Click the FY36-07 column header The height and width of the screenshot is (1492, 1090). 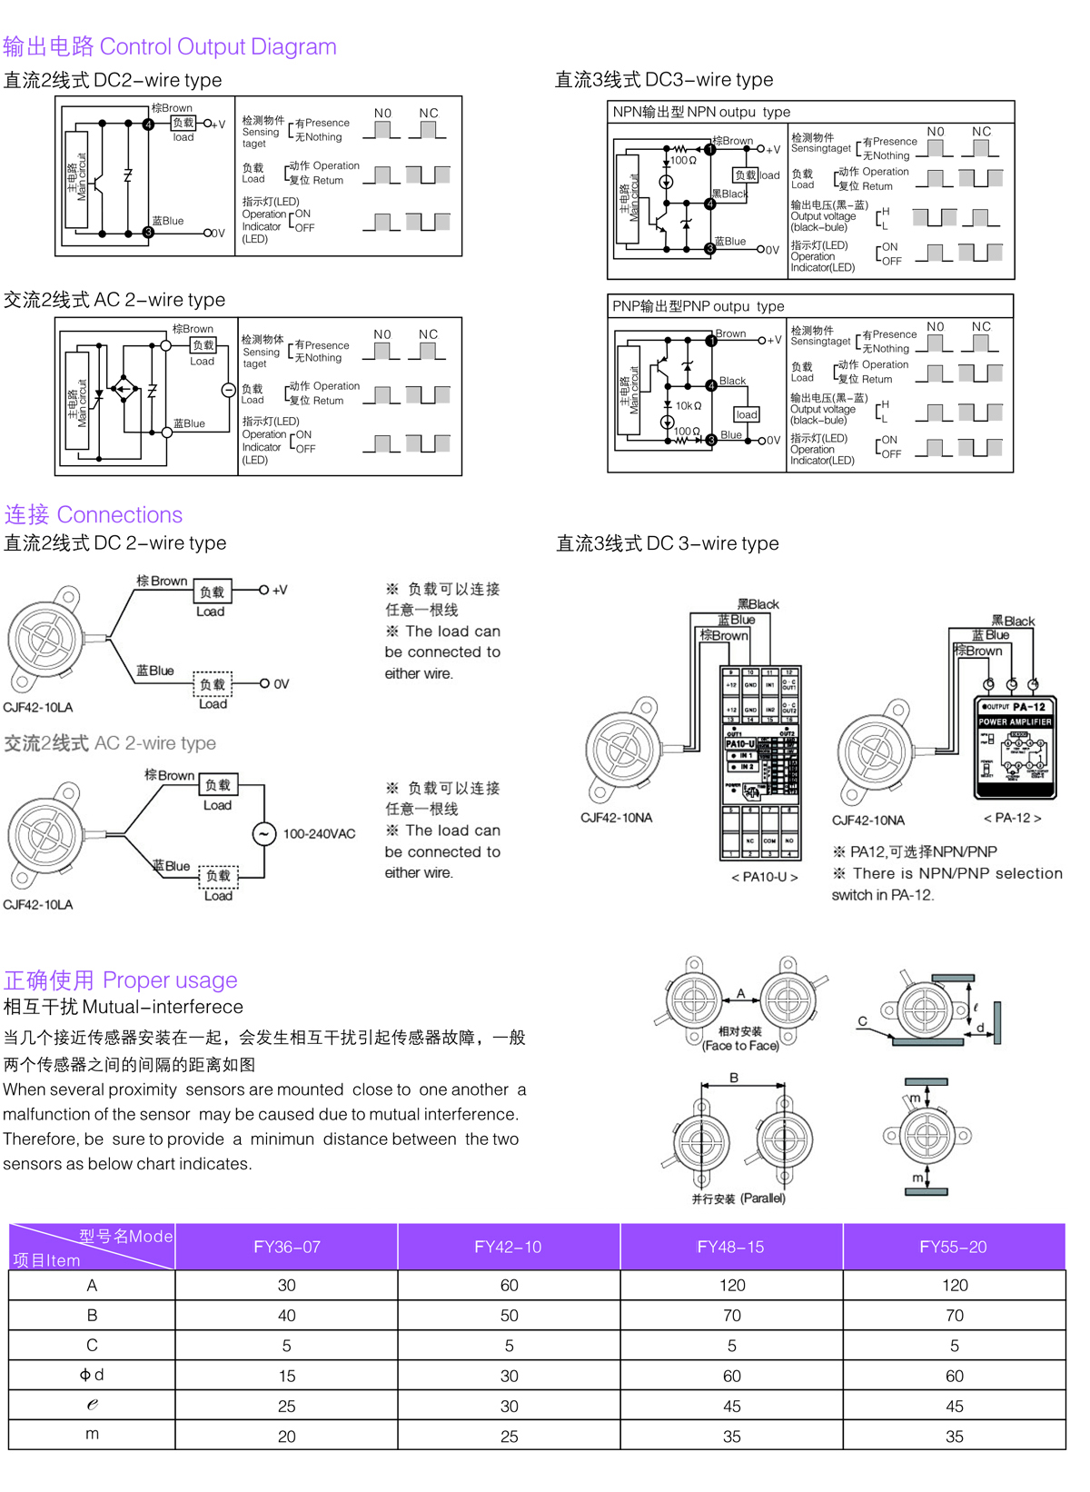tap(286, 1248)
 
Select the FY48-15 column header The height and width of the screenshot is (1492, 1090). tap(730, 1248)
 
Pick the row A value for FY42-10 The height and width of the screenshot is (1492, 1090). tap(509, 1286)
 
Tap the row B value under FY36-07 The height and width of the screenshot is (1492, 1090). tap(286, 1316)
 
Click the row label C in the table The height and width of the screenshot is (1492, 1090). tap(92, 1346)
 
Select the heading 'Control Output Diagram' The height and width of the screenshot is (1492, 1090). tap(218, 46)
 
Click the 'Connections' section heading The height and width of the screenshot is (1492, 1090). tap(119, 515)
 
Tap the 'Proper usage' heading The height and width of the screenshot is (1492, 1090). tap(170, 980)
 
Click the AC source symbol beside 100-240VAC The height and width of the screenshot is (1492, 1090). tap(264, 834)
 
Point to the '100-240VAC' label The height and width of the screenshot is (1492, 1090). tap(319, 834)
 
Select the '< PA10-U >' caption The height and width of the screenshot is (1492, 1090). tap(764, 878)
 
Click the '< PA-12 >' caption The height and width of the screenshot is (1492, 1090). tap(1012, 818)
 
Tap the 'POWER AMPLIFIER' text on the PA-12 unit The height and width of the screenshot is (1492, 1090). tap(1015, 722)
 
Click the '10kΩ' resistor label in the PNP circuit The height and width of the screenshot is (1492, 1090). tap(688, 406)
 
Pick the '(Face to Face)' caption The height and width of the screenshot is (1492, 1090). tap(740, 1046)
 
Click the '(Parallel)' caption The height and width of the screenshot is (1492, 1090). tap(763, 1199)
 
